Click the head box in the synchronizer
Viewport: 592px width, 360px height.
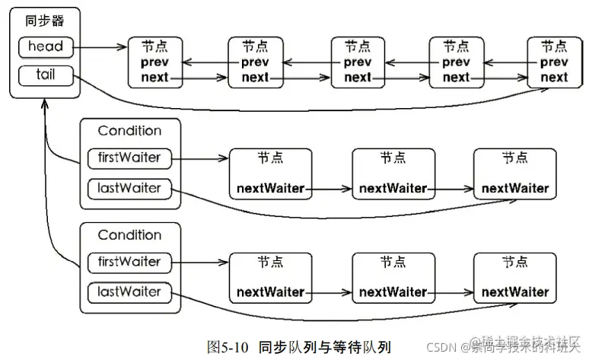(46, 47)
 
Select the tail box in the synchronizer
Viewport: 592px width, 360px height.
(46, 75)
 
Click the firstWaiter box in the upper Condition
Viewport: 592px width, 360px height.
(129, 158)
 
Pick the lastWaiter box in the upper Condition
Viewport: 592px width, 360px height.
(129, 187)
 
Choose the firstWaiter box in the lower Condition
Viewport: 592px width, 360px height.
(129, 263)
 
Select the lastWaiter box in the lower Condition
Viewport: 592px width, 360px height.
(129, 292)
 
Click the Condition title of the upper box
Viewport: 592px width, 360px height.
(129, 131)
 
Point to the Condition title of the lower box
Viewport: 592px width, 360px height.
(129, 235)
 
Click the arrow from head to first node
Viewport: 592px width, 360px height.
(100, 47)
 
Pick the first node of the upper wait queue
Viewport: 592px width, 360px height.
(270, 174)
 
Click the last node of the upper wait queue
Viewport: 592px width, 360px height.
(515, 174)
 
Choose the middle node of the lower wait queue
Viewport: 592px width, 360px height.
(393, 279)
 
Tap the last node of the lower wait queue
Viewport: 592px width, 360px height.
(515, 279)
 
